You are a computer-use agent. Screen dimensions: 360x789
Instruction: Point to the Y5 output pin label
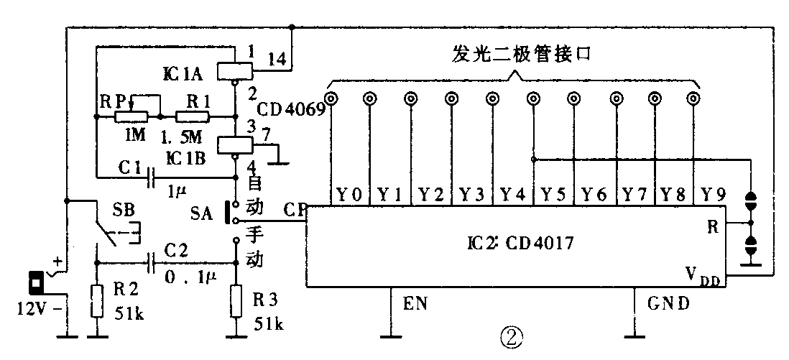coord(553,193)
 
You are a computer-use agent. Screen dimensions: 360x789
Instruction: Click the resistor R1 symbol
coord(194,116)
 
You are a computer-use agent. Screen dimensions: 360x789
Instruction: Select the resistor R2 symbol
coord(95,300)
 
